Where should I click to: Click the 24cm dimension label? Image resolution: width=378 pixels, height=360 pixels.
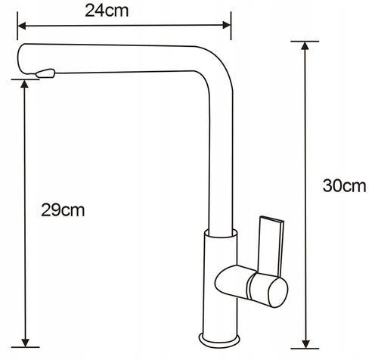(x=107, y=11)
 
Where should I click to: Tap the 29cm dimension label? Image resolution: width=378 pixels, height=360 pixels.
(x=63, y=210)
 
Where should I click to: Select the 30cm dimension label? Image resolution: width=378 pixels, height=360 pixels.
(x=344, y=186)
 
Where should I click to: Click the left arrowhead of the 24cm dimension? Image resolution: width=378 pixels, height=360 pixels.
(x=22, y=25)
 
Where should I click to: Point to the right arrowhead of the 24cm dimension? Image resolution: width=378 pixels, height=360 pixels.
(x=227, y=25)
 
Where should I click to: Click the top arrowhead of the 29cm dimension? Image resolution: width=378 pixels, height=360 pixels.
(x=24, y=84)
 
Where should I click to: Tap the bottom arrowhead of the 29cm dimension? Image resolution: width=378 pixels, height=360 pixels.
(x=25, y=343)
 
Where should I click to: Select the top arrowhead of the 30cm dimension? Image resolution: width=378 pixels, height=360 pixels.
(x=305, y=45)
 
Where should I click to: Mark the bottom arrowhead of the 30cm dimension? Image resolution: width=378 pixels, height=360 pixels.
(x=306, y=344)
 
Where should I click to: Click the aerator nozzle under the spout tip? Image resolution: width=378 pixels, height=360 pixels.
(x=45, y=73)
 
